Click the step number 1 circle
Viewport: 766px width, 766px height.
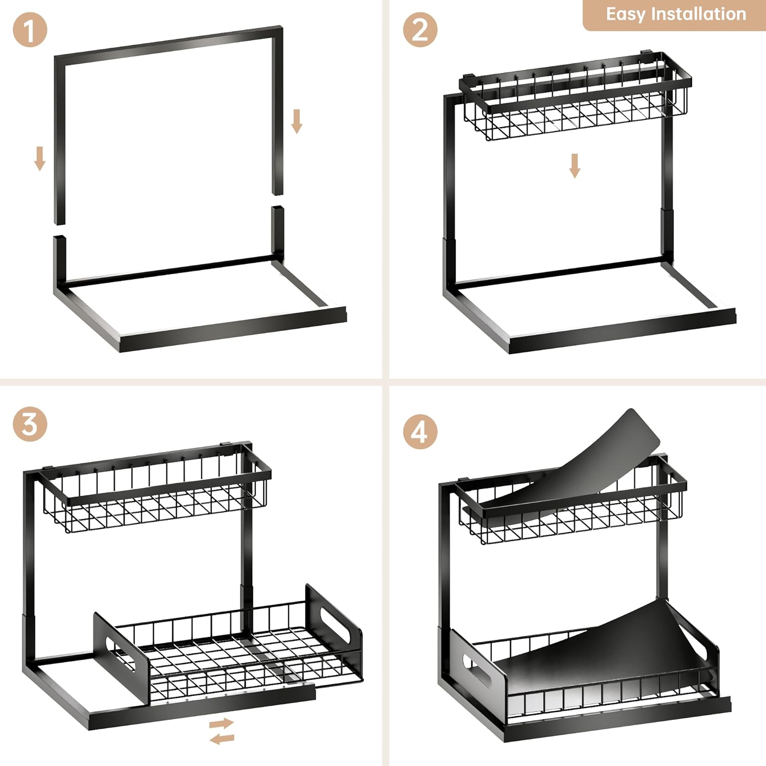(x=30, y=30)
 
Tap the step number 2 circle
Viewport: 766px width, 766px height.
(x=420, y=30)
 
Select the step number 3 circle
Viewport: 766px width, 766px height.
(x=30, y=424)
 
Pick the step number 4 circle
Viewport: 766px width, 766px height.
(x=420, y=432)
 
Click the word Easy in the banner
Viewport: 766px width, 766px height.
(x=625, y=14)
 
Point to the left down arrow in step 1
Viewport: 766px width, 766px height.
(x=40, y=158)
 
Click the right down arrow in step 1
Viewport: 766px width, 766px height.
(x=297, y=121)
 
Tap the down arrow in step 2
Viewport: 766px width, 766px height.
(x=575, y=166)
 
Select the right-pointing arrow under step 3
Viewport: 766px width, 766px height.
(x=222, y=724)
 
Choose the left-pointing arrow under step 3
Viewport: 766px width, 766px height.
(x=222, y=738)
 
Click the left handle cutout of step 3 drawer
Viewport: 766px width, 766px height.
(x=122, y=654)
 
